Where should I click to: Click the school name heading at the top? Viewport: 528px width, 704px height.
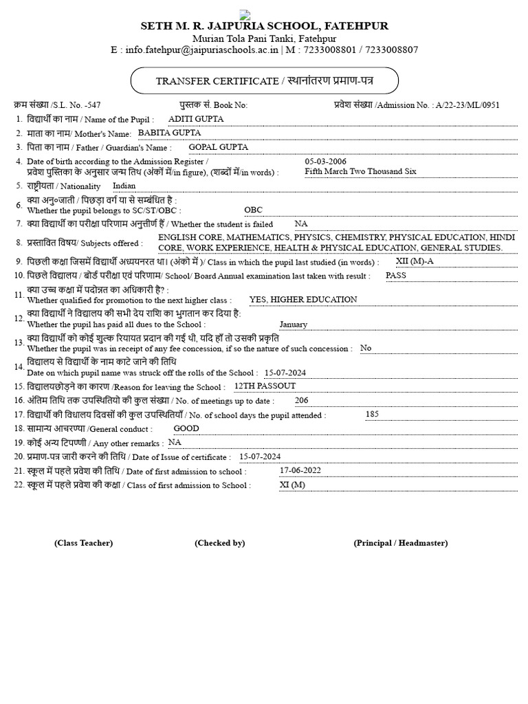(x=264, y=26)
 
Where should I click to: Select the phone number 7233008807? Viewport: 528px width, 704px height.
(x=391, y=50)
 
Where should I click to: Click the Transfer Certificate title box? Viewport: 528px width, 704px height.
(x=264, y=81)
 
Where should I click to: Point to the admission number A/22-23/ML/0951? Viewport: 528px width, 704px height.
(x=467, y=105)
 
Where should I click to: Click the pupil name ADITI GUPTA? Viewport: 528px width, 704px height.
(x=196, y=119)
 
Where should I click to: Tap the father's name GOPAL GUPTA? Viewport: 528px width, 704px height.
(x=219, y=147)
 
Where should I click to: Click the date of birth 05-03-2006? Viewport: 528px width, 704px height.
(x=326, y=162)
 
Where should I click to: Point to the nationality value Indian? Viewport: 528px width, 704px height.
(x=124, y=186)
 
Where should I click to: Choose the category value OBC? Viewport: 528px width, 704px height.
(x=253, y=210)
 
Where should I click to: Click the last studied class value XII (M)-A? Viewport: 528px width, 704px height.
(x=415, y=261)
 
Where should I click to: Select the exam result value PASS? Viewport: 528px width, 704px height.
(x=396, y=275)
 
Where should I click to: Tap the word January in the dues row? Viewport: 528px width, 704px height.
(x=294, y=324)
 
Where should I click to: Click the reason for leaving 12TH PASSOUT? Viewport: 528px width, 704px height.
(x=265, y=386)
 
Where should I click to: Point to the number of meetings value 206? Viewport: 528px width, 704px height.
(x=302, y=400)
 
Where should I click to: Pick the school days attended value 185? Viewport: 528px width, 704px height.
(x=372, y=414)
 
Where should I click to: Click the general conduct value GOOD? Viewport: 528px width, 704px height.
(x=186, y=428)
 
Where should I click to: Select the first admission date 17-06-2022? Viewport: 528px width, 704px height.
(x=300, y=471)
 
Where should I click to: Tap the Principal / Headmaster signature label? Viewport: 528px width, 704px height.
(x=400, y=543)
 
